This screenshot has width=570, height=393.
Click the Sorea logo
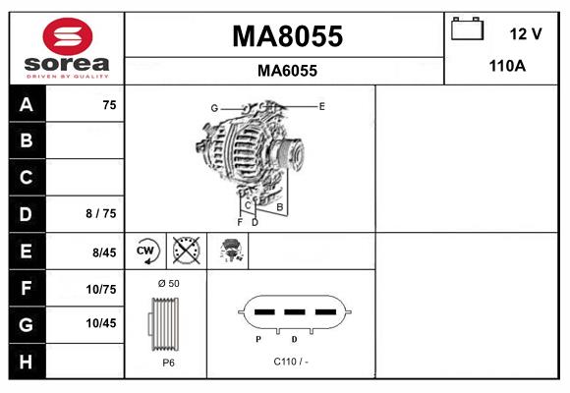tap(67, 47)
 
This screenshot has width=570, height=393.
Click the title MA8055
tap(287, 36)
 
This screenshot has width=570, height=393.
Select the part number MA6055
tap(287, 71)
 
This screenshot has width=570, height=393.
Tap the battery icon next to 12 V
tap(467, 29)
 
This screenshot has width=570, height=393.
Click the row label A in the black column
tap(26, 105)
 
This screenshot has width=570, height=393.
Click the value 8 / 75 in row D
tap(101, 214)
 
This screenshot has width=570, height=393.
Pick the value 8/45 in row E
tap(104, 253)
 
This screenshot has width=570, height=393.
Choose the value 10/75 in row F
tap(102, 289)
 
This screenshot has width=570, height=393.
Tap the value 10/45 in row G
tap(102, 323)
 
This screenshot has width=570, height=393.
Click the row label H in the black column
tap(26, 361)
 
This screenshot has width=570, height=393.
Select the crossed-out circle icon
tap(186, 252)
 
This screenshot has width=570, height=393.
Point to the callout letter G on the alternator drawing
tap(213, 107)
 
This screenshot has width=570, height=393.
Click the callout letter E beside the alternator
tap(321, 105)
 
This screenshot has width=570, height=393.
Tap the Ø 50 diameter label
tap(167, 284)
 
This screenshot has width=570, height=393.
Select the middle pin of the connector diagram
tap(294, 312)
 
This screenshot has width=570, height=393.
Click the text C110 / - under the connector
tap(292, 361)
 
